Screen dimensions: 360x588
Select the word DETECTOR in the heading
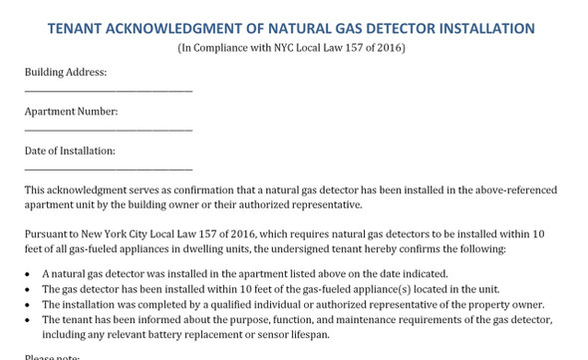click(x=392, y=29)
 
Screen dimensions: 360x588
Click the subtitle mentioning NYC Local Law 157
click(x=291, y=48)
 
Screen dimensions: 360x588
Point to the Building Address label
click(x=66, y=73)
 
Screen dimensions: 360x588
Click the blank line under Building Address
click(x=108, y=91)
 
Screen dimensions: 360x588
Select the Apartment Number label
click(x=71, y=112)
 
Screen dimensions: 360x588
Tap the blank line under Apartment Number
click(x=108, y=130)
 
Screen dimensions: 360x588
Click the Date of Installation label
click(x=70, y=151)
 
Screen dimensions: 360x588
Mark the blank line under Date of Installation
click(x=108, y=169)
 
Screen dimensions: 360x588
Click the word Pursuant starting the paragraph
click(x=47, y=233)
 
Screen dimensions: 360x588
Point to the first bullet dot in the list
click(x=27, y=273)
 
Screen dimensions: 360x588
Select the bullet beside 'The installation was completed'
click(x=27, y=304)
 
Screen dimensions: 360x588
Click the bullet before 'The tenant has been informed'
click(x=27, y=319)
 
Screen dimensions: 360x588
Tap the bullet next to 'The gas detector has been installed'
click(x=27, y=289)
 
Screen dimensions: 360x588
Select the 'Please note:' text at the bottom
click(x=52, y=356)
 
